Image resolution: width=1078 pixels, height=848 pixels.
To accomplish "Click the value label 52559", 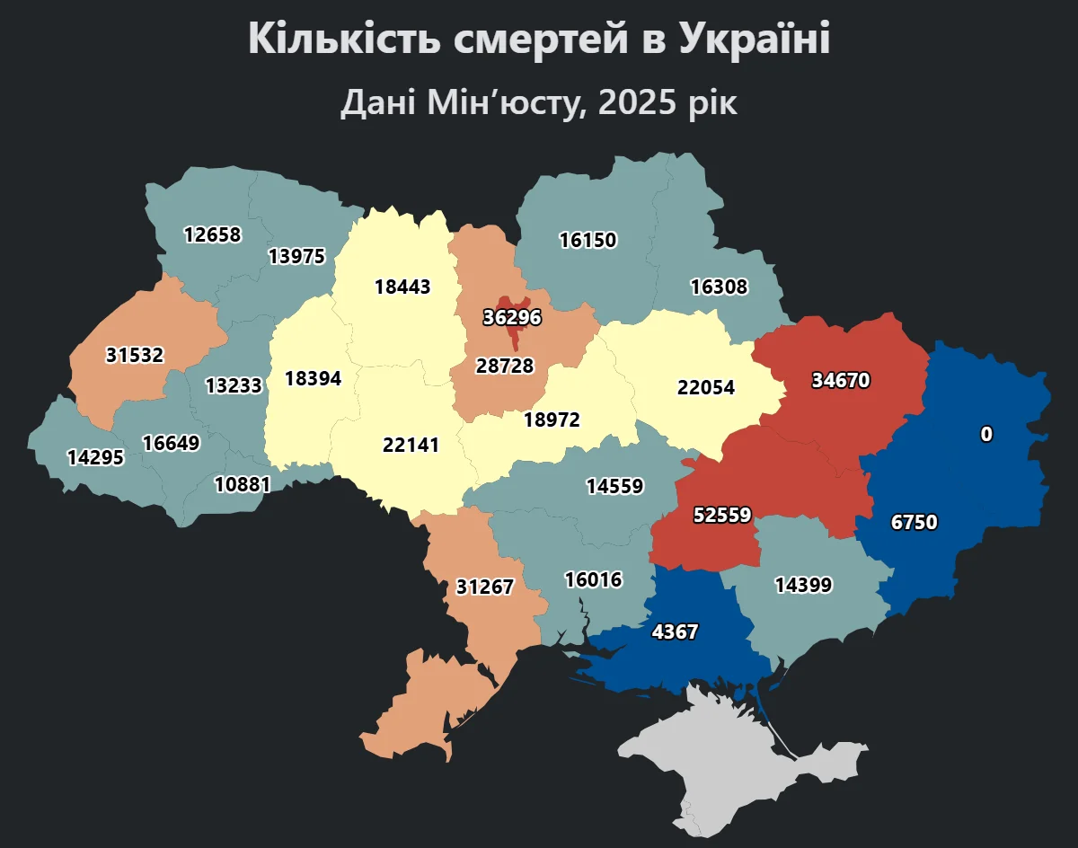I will (x=722, y=515).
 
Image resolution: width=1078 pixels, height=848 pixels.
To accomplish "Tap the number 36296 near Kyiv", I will (x=513, y=317).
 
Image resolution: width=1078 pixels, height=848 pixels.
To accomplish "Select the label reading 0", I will (x=986, y=434).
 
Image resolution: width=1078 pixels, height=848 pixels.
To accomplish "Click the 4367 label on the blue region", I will (x=675, y=632).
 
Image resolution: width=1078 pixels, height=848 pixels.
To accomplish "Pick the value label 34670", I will (x=840, y=380).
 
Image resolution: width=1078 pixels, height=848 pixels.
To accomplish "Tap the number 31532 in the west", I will (x=135, y=355).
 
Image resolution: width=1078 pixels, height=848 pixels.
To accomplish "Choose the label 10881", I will (x=243, y=484).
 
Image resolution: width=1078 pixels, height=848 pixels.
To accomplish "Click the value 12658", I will (x=213, y=234).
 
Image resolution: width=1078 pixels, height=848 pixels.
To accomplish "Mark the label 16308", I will (x=719, y=287).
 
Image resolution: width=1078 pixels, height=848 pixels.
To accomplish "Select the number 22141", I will (x=411, y=444).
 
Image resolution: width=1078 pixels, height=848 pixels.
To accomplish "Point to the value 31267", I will (x=484, y=587).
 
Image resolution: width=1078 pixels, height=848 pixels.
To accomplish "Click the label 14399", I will (x=803, y=585).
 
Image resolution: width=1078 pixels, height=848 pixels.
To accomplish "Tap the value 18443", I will (x=403, y=287).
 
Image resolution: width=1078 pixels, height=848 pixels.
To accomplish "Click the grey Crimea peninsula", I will (x=737, y=764).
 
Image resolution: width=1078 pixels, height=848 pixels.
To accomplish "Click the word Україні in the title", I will (x=754, y=40).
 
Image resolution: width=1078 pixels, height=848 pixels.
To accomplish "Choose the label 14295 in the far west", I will (x=95, y=457).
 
